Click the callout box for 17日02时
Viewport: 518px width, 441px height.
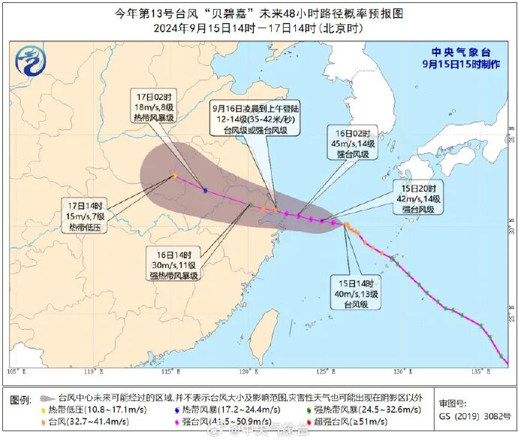coord(154,107)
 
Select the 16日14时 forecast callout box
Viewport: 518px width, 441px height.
coord(173,264)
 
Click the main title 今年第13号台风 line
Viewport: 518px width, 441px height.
coord(258,14)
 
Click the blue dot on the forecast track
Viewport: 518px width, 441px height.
coord(205,190)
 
